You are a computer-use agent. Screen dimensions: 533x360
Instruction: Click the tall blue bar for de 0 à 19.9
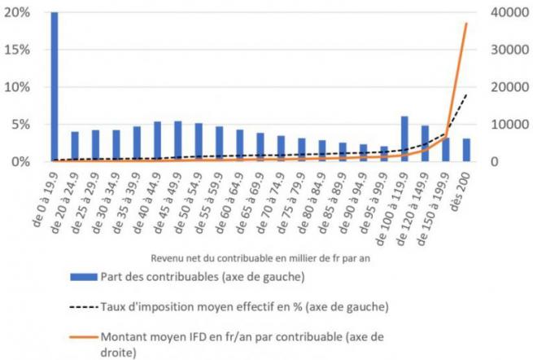55,87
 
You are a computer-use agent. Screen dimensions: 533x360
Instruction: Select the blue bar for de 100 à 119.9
404,138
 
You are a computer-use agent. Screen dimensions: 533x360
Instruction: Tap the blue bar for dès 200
466,150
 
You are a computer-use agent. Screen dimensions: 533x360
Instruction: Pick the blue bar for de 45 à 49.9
177,141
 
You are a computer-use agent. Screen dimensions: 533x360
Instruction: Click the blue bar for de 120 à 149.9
426,143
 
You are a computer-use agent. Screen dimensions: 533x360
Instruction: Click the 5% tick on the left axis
20,125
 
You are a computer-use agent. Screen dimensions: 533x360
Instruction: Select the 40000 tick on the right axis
510,12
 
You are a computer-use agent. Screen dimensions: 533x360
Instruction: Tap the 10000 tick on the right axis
510,125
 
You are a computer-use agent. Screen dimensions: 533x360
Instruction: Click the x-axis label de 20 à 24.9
65,203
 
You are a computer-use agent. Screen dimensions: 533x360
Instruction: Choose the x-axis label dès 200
461,191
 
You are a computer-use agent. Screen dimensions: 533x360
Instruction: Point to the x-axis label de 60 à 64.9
229,203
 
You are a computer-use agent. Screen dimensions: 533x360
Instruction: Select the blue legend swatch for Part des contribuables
84,277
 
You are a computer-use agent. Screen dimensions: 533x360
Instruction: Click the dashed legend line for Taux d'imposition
84,307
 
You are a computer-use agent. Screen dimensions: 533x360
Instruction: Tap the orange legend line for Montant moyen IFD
84,337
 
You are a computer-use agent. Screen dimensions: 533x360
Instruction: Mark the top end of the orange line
466,24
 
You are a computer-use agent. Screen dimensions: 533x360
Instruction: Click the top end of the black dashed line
466,94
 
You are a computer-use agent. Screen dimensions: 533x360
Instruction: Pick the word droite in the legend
118,352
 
